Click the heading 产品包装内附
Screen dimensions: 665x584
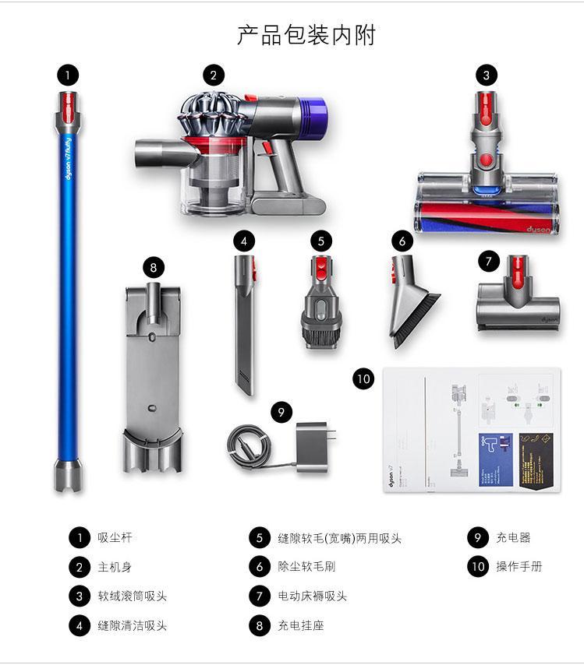tap(306, 35)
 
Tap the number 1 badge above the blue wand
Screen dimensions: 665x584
tap(68, 75)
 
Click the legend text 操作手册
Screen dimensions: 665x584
tap(519, 566)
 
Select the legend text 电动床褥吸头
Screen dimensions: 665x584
tap(312, 596)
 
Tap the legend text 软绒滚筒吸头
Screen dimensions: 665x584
tap(132, 596)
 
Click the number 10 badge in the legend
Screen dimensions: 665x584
tap(478, 566)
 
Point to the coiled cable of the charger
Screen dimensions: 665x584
tap(250, 447)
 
